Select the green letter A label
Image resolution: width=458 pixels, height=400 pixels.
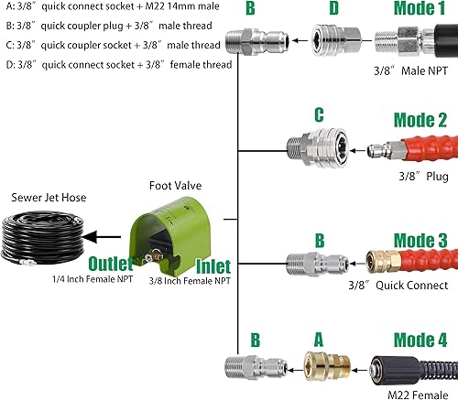point(319,337)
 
